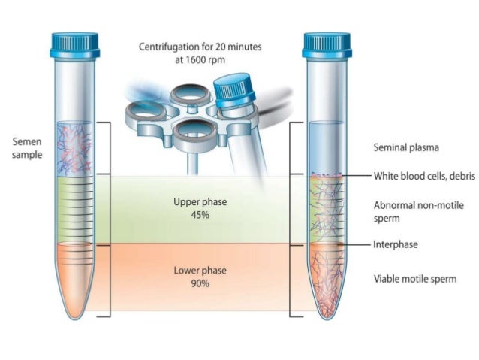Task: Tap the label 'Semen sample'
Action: click(x=28, y=147)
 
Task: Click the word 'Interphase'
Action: click(x=395, y=244)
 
